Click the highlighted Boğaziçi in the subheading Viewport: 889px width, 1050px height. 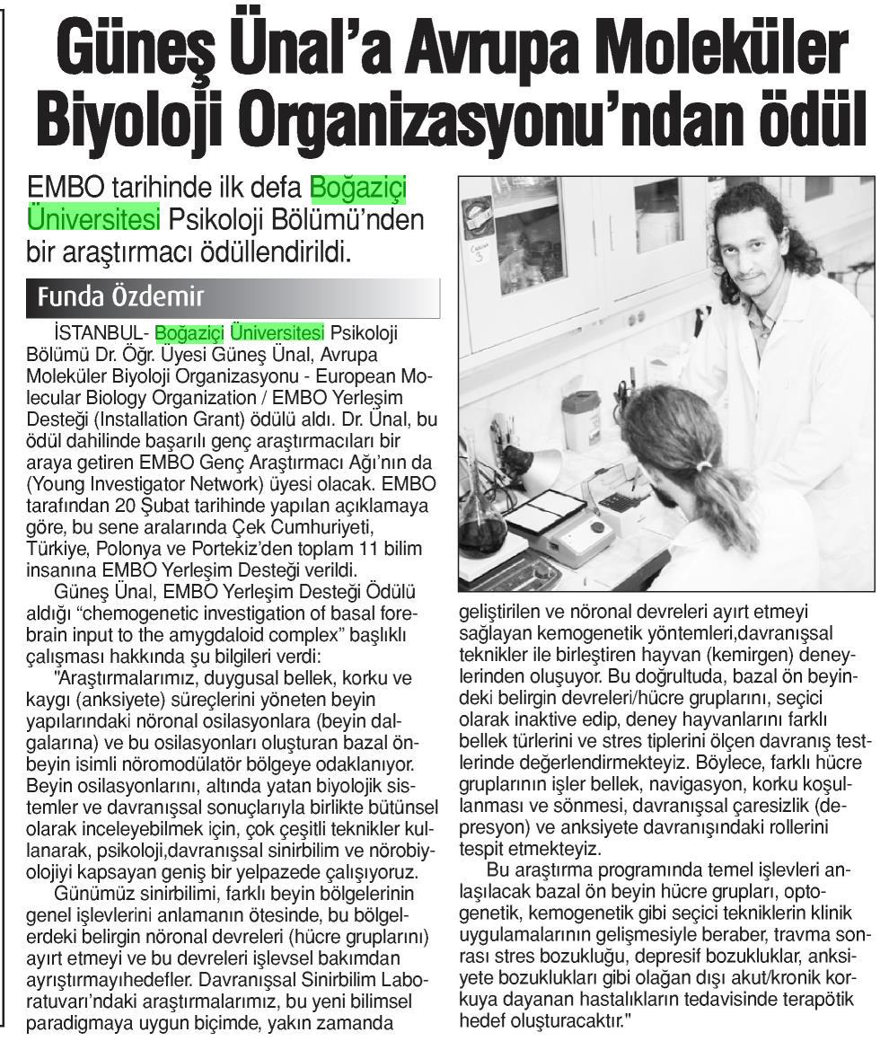357,189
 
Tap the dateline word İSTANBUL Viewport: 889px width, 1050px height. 96,332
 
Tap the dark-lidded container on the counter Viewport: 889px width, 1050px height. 581,418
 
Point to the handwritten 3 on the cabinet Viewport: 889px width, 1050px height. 480,257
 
